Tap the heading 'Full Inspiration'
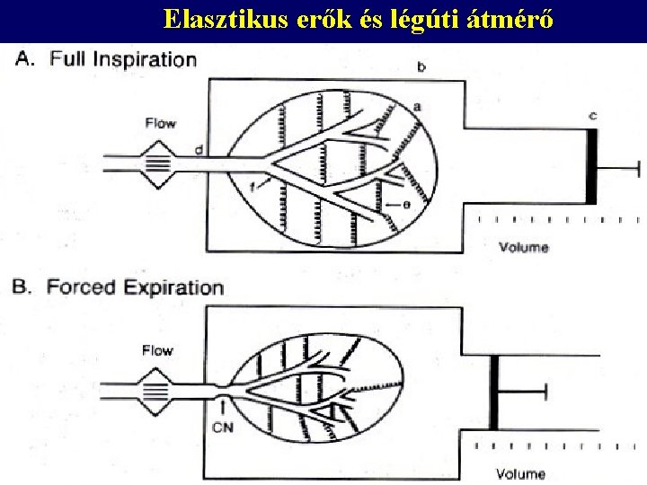coord(123,60)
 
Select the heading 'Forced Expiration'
coord(135,288)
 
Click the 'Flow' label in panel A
coord(160,123)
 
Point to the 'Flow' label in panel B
coord(157,351)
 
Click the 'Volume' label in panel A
coord(524,247)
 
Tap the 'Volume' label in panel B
coord(520,473)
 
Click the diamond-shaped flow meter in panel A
coord(157,163)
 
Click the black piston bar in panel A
coord(590,166)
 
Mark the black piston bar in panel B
coord(493,392)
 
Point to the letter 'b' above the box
coord(421,67)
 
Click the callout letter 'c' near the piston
coord(593,116)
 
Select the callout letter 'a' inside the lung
coord(417,107)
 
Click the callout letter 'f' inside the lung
coord(254,186)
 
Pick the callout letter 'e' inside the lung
coord(407,205)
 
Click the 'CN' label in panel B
coord(223,427)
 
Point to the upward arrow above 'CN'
coord(222,409)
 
